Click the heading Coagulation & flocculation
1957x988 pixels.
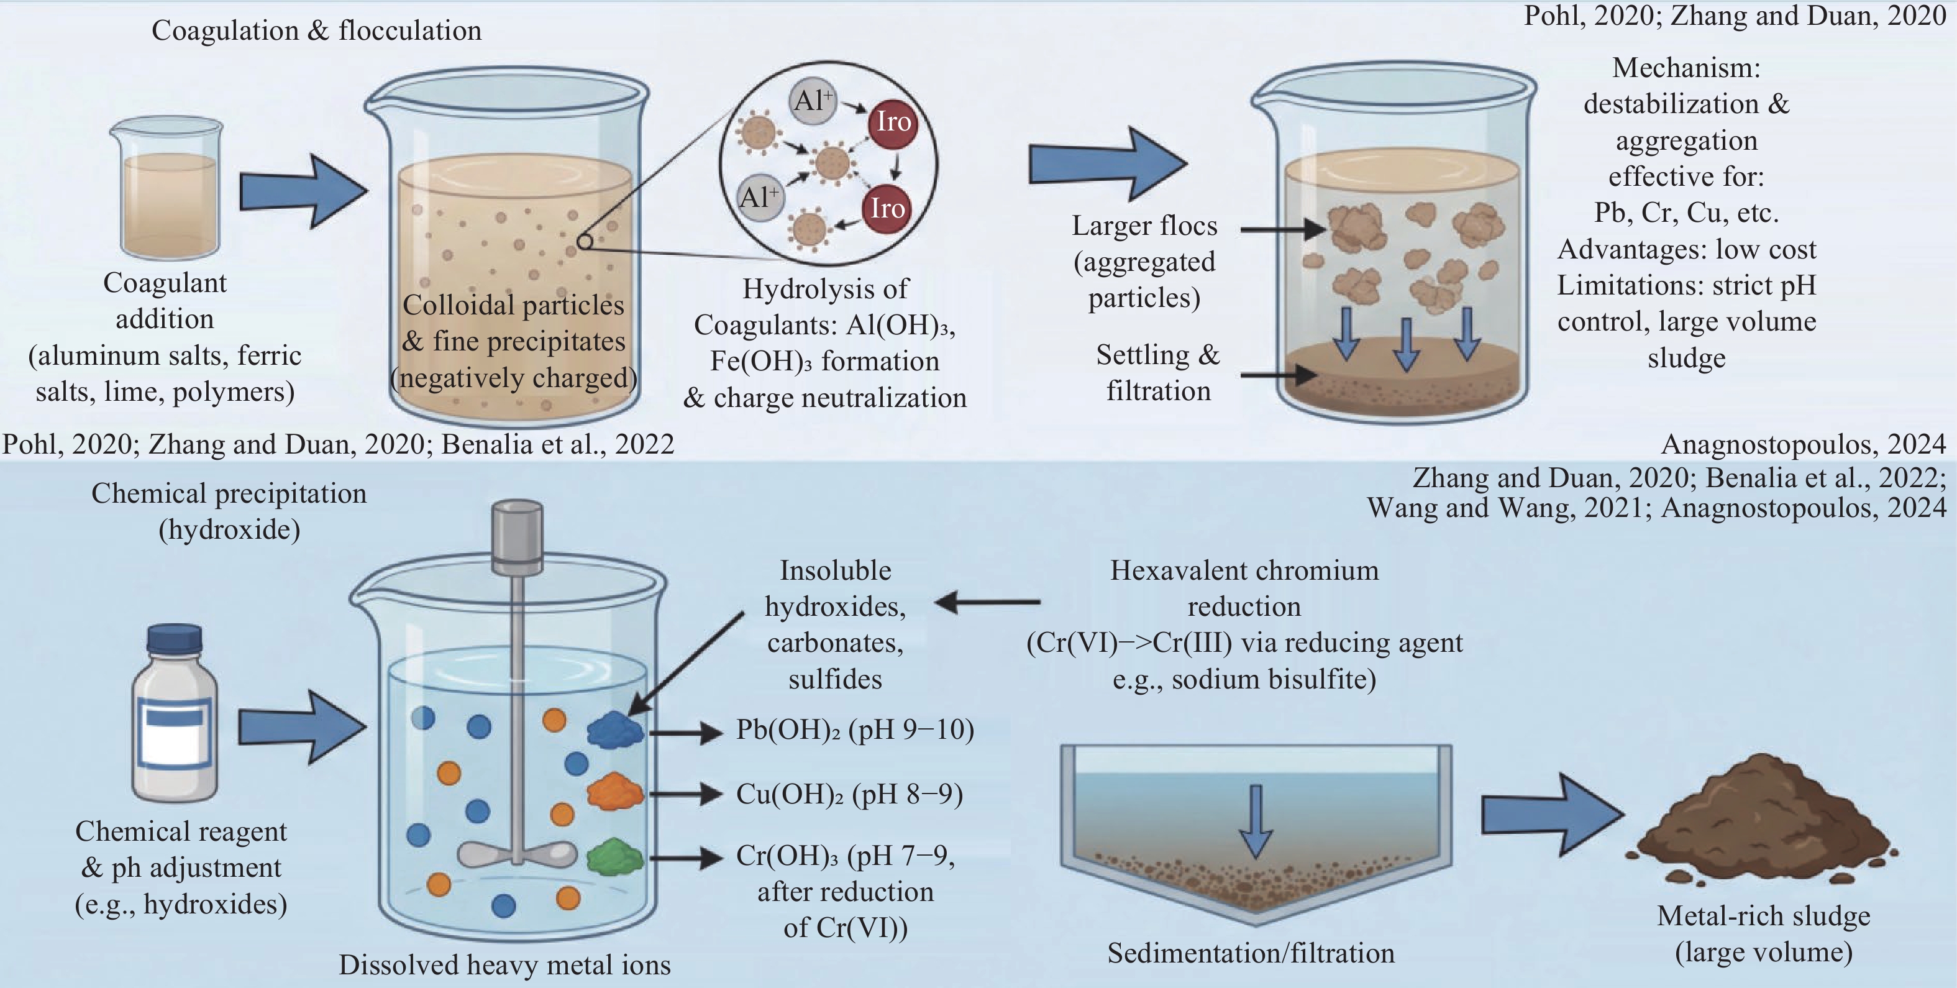pyautogui.click(x=316, y=30)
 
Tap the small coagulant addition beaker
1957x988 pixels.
pyautogui.click(x=167, y=188)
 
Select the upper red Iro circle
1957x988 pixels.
pyautogui.click(x=893, y=122)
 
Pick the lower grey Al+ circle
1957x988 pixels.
pyautogui.click(x=760, y=198)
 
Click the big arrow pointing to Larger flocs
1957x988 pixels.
pyautogui.click(x=1108, y=163)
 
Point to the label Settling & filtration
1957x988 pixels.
pyautogui.click(x=1158, y=372)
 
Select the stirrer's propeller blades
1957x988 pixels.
pyautogui.click(x=517, y=855)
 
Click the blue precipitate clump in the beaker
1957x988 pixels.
pyautogui.click(x=615, y=730)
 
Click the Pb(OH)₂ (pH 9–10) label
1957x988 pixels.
pyautogui.click(x=855, y=730)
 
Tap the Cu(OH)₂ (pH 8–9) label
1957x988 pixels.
pyautogui.click(x=849, y=794)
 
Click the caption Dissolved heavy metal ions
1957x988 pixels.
pyautogui.click(x=504, y=964)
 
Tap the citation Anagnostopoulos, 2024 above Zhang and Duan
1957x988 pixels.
pyautogui.click(x=1804, y=444)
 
